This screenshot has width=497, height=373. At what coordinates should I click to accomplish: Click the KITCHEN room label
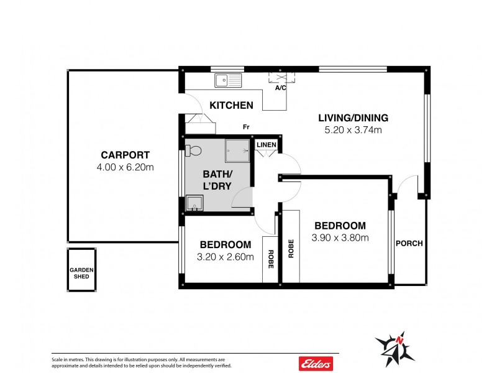tap(231, 105)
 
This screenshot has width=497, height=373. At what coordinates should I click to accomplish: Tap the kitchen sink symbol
tap(227, 79)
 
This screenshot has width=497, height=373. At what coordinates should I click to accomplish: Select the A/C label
tap(281, 88)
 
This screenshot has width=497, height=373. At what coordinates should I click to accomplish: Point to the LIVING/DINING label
tap(353, 117)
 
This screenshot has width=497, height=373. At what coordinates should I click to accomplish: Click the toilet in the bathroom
tap(192, 150)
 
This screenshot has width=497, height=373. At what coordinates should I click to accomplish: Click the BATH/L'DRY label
tap(218, 180)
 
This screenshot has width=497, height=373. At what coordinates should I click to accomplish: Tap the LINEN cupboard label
tap(266, 145)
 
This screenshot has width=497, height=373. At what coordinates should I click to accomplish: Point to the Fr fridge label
tap(246, 127)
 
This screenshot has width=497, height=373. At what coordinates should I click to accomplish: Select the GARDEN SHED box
tap(81, 269)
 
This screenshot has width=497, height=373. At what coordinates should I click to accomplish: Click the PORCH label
tap(409, 243)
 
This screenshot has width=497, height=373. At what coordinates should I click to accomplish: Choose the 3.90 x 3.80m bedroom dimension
tap(340, 237)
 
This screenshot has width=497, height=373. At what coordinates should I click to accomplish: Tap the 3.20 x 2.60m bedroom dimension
tap(225, 257)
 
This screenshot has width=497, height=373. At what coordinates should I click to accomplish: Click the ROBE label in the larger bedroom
tap(290, 248)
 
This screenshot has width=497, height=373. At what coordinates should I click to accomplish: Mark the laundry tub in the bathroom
tap(194, 203)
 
